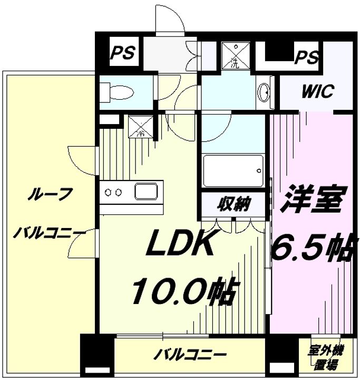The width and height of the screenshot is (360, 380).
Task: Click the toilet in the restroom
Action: [x=116, y=92]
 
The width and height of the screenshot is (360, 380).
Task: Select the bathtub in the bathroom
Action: [x=233, y=171]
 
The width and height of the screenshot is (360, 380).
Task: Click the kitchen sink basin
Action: [x=146, y=192]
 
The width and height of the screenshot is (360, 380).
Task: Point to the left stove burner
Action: [x=107, y=193]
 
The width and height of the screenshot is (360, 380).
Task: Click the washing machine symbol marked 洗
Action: [x=236, y=55]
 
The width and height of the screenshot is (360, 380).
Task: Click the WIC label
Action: [x=318, y=91]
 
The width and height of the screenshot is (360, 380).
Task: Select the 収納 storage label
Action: [x=233, y=204]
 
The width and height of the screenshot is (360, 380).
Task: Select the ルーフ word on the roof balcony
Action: [x=50, y=194]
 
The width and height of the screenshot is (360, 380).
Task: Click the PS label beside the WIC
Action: [x=306, y=57]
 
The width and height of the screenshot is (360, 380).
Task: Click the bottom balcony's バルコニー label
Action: [x=190, y=355]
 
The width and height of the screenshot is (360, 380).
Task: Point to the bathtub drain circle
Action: [x=259, y=170]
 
